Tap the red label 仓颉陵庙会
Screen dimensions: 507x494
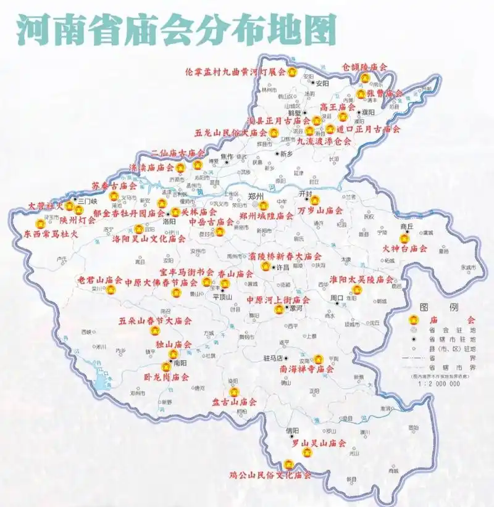tap(365, 67)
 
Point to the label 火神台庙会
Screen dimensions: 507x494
tap(405, 249)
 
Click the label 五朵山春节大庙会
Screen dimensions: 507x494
tap(156, 321)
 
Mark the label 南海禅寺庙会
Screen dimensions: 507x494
tap(306, 369)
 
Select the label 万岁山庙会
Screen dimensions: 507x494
tap(320, 211)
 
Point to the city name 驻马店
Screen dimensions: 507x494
tap(272, 357)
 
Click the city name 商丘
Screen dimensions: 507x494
tap(406, 226)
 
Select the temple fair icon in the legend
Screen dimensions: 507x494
tap(415, 320)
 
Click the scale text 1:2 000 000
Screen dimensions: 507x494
tap(439, 383)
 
